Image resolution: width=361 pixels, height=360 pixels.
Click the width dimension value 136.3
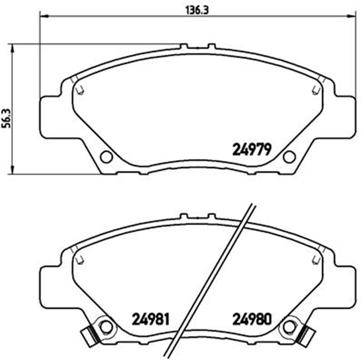click(192, 10)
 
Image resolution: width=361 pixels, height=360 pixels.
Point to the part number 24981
click(151, 319)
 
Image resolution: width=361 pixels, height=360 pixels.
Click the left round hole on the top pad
click(105, 157)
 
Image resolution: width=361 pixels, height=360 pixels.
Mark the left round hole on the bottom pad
click(105, 326)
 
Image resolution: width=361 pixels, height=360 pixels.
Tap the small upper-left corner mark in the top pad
click(80, 89)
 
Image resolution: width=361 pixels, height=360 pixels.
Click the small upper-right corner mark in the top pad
click(314, 89)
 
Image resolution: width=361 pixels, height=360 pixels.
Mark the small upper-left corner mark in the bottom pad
click(80, 258)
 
